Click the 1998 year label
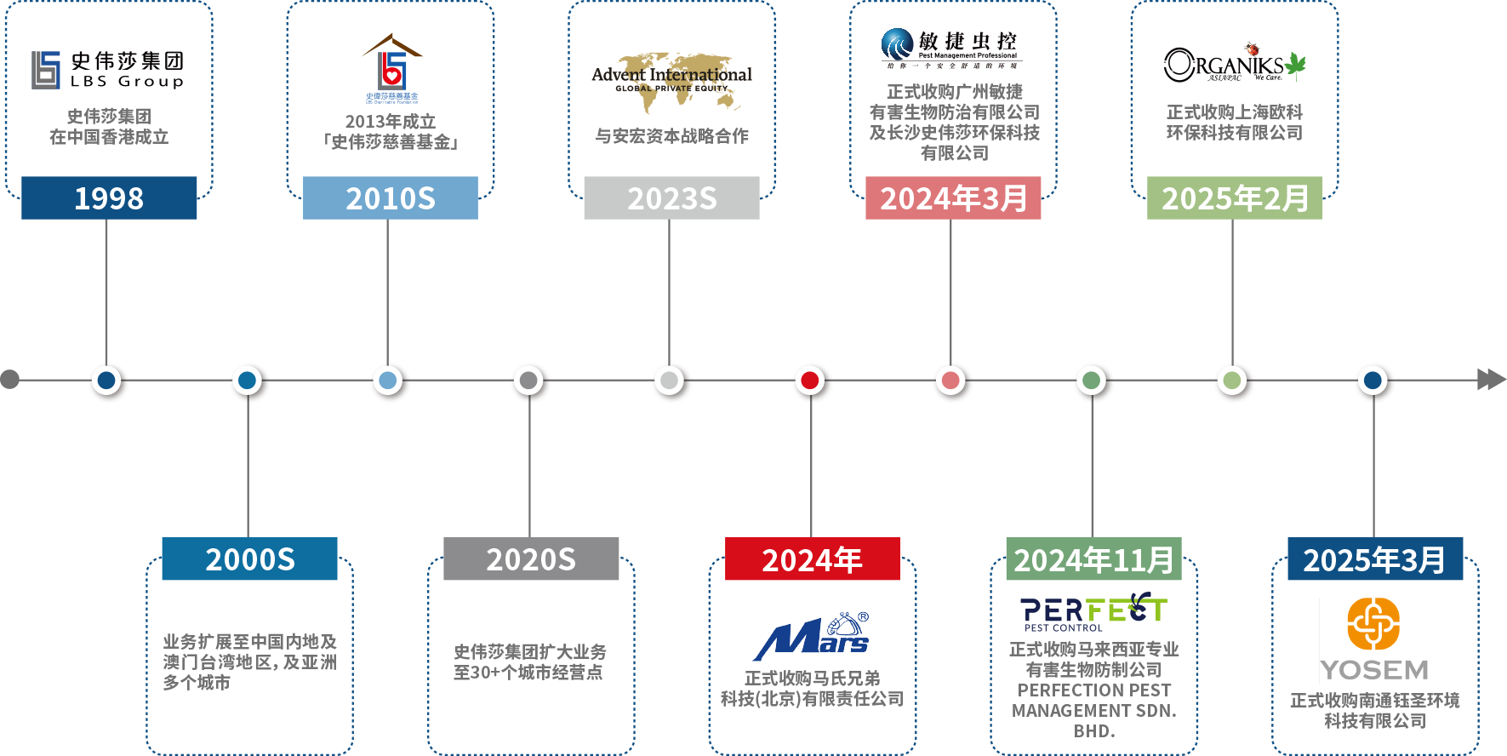point(109,198)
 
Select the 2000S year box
point(249,559)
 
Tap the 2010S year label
point(391,198)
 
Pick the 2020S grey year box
point(531,559)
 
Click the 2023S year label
point(671,198)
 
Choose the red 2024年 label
point(812,559)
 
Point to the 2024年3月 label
point(953,198)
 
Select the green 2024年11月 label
point(1093,559)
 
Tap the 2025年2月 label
point(1235,198)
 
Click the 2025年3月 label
point(1374,559)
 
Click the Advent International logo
point(671,83)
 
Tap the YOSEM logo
point(1375,640)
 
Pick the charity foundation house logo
point(391,68)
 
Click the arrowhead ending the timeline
point(1491,380)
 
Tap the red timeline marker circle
point(810,380)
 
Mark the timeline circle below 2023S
point(670,380)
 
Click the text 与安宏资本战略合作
point(671,136)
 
